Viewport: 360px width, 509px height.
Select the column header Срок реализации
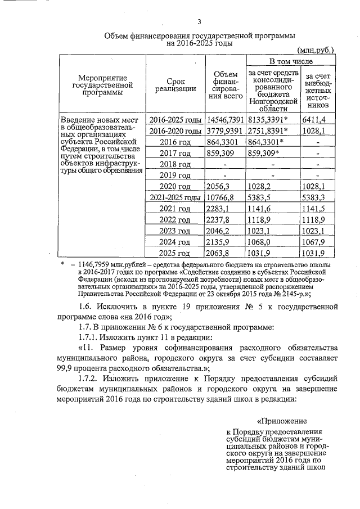pyautogui.click(x=175, y=84)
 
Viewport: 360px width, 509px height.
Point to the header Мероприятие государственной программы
pyautogui.click(x=102, y=84)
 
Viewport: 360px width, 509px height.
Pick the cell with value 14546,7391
pyautogui.click(x=224, y=120)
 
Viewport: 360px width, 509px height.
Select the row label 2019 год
pyautogui.click(x=175, y=175)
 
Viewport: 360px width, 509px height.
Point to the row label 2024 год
pyautogui.click(x=175, y=242)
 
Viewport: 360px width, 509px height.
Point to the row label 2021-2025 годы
pyautogui.click(x=175, y=197)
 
